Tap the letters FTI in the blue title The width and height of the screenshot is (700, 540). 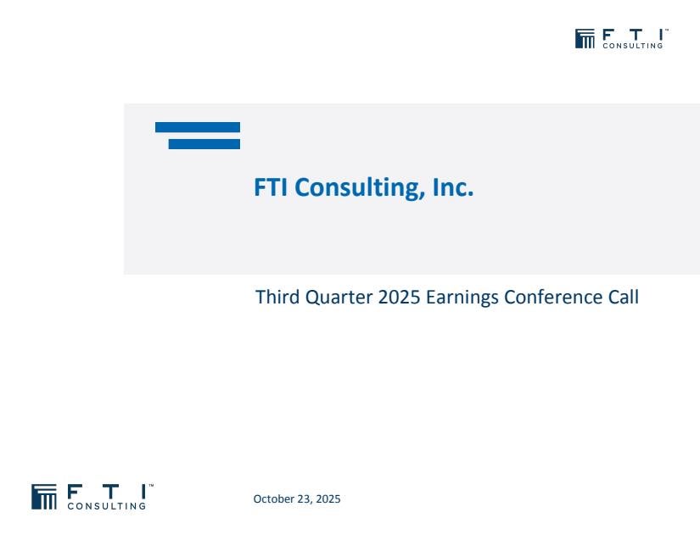coord(271,186)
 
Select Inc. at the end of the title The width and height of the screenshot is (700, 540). coord(453,186)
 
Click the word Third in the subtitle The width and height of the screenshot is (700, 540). coord(277,297)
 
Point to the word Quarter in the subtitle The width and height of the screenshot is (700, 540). coord(339,298)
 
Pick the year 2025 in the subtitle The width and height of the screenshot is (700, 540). coord(399,298)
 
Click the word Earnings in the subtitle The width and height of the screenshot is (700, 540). coord(462,298)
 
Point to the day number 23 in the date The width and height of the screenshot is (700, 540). coord(303,499)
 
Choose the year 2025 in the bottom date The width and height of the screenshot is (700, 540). coord(328,498)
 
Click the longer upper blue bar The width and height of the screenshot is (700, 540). coord(198,127)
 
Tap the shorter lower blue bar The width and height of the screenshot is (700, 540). coord(204,144)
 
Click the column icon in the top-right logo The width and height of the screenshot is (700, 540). coord(585,39)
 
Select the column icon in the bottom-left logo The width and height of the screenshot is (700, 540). coord(44,497)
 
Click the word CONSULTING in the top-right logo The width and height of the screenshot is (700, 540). coord(633,46)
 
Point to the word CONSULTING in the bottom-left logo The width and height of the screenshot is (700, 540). coord(107,506)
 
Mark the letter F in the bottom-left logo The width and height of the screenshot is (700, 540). coord(75,492)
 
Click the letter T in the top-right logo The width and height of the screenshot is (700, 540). coord(634,35)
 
